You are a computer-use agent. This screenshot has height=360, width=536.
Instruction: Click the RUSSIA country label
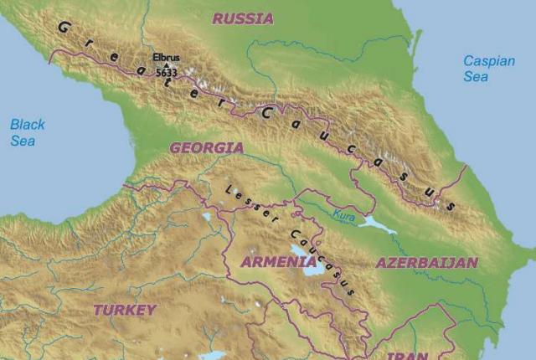(x=242, y=18)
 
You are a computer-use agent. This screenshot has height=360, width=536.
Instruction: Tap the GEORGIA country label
(x=206, y=147)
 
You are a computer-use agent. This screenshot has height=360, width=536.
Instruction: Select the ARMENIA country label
(x=278, y=262)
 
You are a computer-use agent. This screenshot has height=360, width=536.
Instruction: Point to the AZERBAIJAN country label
(x=426, y=263)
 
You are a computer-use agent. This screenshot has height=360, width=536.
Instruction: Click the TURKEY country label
(x=125, y=310)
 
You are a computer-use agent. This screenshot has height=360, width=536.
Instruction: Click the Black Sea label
(x=28, y=132)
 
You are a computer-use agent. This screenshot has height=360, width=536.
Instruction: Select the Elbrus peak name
(x=166, y=59)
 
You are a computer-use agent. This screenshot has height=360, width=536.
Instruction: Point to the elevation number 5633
(x=166, y=73)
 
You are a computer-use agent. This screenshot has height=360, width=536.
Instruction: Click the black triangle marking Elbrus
(x=166, y=65)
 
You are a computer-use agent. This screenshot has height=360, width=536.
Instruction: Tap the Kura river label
(x=343, y=216)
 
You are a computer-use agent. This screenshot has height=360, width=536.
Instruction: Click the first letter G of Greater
(x=61, y=28)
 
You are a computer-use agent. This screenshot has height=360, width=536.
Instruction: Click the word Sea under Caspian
(x=476, y=76)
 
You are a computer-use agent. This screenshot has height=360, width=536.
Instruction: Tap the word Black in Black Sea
(x=28, y=125)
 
